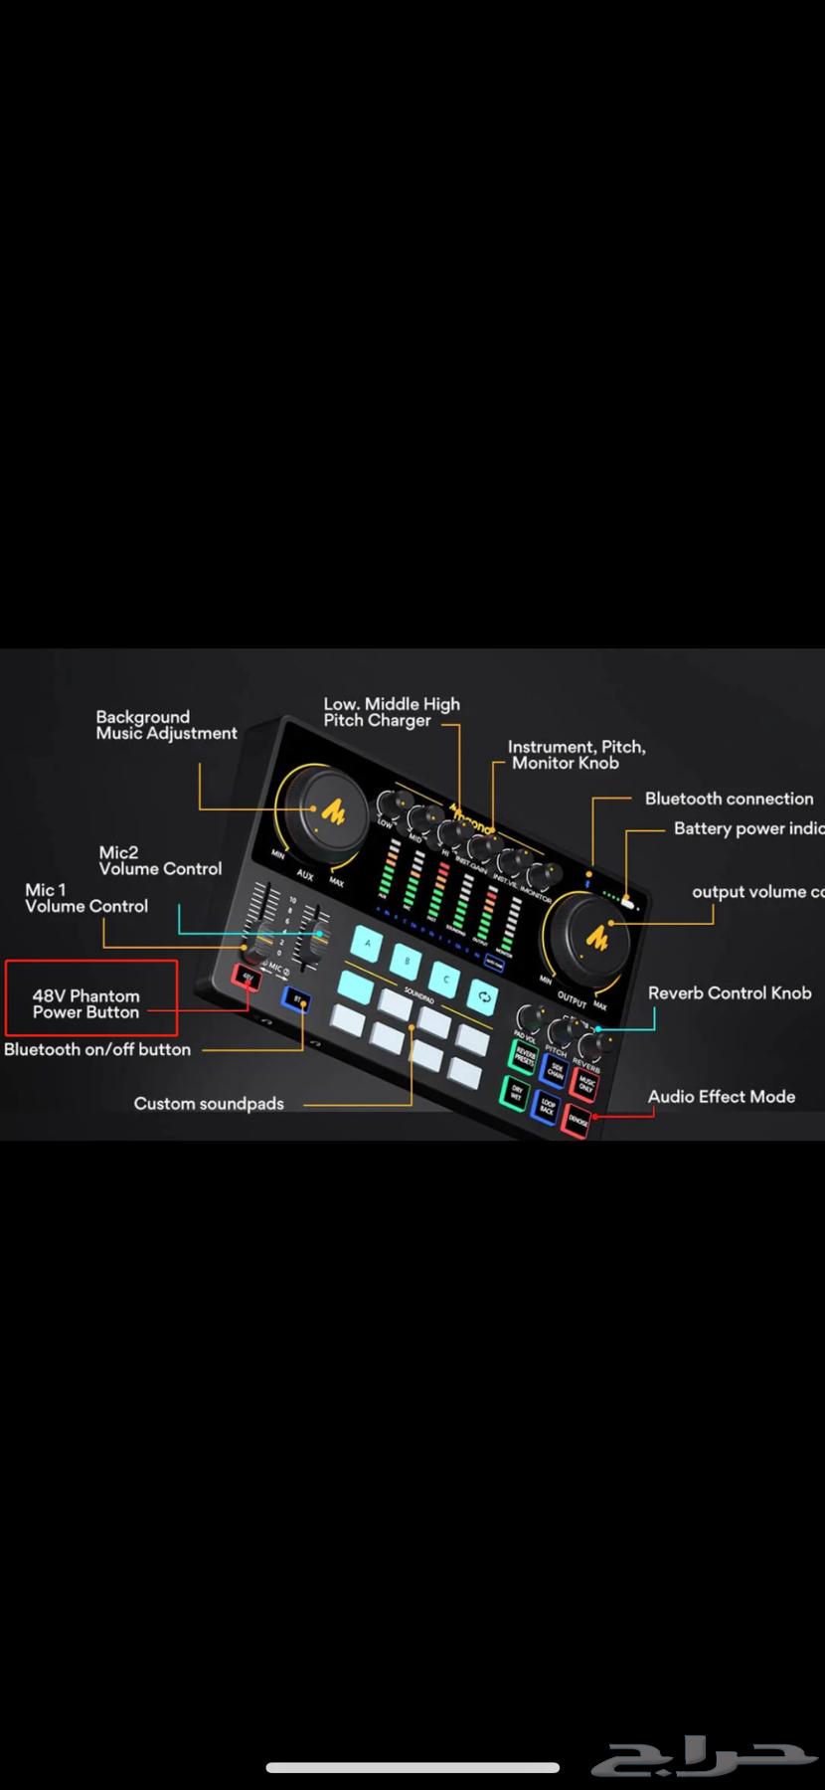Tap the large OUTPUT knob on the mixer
point(598,938)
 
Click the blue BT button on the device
point(296,997)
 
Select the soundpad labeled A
point(368,942)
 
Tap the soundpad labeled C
point(446,980)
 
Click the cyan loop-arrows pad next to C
point(483,994)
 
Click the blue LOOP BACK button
point(546,1106)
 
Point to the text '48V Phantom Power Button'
point(85,1004)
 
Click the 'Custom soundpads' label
point(209,1104)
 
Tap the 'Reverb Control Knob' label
point(729,993)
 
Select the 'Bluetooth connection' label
point(729,799)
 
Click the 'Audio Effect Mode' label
point(721,1097)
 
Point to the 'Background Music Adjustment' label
point(166,725)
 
